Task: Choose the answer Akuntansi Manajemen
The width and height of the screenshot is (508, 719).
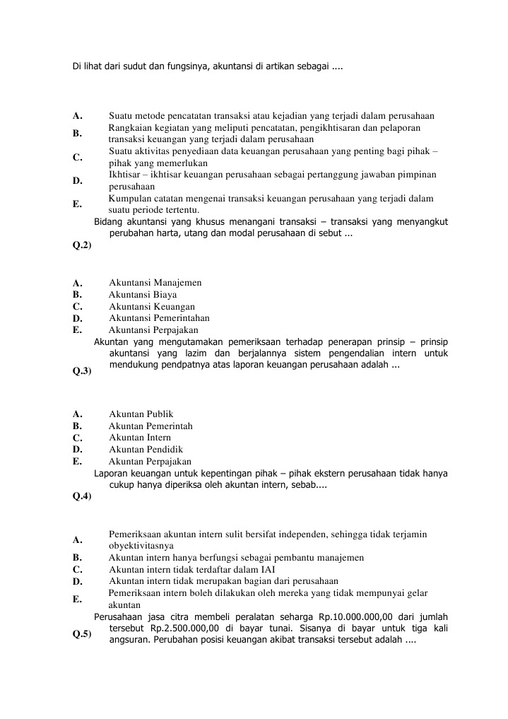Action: point(155,283)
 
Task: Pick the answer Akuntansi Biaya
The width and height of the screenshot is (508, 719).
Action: point(143,295)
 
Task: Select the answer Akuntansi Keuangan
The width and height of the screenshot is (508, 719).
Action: point(152,307)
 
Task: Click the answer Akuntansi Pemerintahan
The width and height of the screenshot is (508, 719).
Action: point(159,318)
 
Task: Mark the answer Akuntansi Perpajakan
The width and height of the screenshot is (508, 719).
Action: point(153,330)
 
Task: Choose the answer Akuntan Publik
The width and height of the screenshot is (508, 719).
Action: point(141,414)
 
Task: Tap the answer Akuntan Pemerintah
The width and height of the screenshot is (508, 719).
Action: point(150,426)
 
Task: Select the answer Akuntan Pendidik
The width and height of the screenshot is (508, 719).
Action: point(146,450)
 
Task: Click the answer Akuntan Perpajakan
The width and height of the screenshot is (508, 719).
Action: point(150,462)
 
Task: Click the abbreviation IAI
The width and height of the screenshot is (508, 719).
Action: point(268,570)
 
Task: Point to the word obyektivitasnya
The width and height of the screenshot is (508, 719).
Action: point(141,546)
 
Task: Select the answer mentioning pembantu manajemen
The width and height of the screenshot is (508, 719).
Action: point(236,558)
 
